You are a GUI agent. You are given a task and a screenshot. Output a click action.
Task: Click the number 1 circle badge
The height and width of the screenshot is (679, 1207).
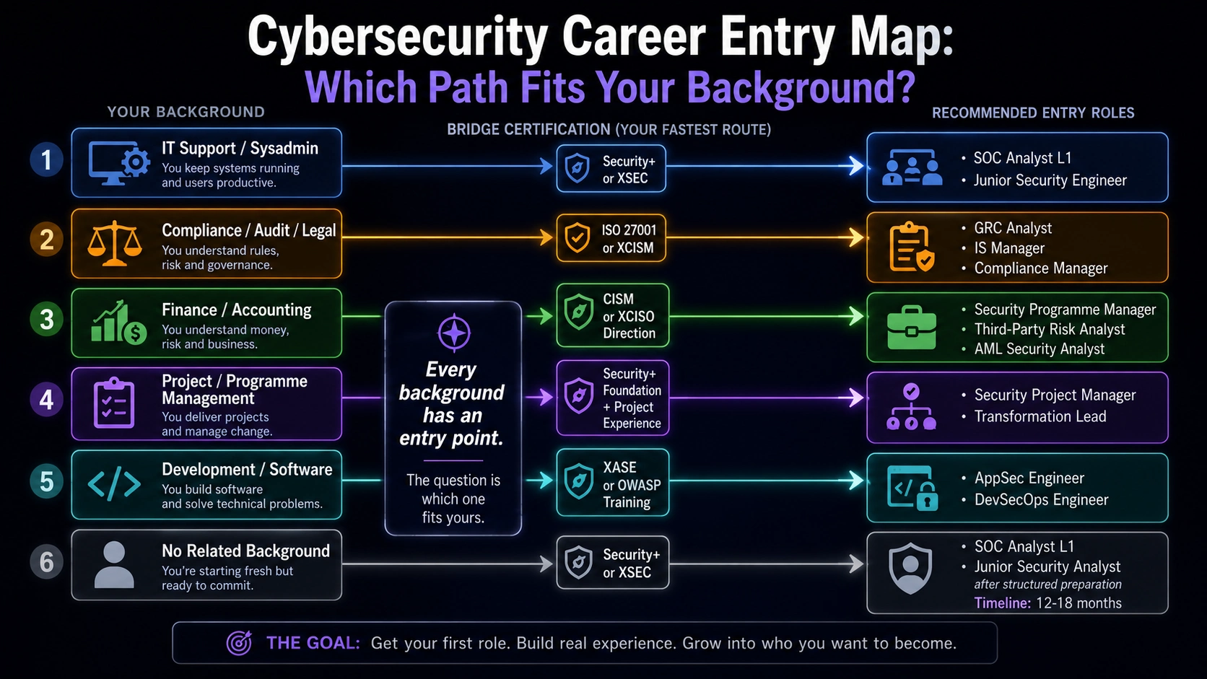[46, 160]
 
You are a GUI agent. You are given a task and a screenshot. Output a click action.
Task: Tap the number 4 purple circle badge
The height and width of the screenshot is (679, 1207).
[46, 400]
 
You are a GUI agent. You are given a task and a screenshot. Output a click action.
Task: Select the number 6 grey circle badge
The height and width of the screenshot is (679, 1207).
[46, 561]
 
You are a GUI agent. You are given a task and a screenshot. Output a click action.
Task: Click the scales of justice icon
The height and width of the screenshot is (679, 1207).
[115, 243]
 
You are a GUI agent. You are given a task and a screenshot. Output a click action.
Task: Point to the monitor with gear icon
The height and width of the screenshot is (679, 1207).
[119, 163]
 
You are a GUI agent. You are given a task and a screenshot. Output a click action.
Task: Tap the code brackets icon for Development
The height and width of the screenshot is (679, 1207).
[114, 485]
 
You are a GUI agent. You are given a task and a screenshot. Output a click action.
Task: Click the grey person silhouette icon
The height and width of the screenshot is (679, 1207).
[113, 564]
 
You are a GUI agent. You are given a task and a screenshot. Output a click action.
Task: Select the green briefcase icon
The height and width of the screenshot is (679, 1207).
[911, 328]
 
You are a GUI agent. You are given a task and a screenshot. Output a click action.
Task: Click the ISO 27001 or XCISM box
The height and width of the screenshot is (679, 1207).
[611, 238]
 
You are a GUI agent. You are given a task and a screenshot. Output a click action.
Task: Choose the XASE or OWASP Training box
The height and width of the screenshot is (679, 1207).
[613, 483]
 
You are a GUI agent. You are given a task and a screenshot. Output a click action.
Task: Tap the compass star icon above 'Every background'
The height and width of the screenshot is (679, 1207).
[453, 333]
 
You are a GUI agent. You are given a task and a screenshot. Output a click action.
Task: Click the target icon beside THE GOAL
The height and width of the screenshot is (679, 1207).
[239, 642]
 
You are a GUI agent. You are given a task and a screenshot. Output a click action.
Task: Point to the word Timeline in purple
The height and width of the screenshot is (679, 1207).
[1002, 603]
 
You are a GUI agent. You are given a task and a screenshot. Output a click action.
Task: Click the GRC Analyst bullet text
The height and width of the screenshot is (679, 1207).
[1013, 228]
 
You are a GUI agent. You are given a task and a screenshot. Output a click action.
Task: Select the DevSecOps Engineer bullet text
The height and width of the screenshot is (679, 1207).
[1041, 500]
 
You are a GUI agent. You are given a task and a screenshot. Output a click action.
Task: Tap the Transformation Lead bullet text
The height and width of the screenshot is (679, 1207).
[1040, 416]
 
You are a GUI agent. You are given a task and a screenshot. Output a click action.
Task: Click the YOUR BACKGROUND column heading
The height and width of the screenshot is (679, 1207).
[186, 112]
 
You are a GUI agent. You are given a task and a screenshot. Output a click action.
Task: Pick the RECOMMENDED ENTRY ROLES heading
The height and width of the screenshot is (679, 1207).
[1033, 113]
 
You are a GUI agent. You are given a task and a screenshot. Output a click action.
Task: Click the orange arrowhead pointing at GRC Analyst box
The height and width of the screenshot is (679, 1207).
[857, 237]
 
